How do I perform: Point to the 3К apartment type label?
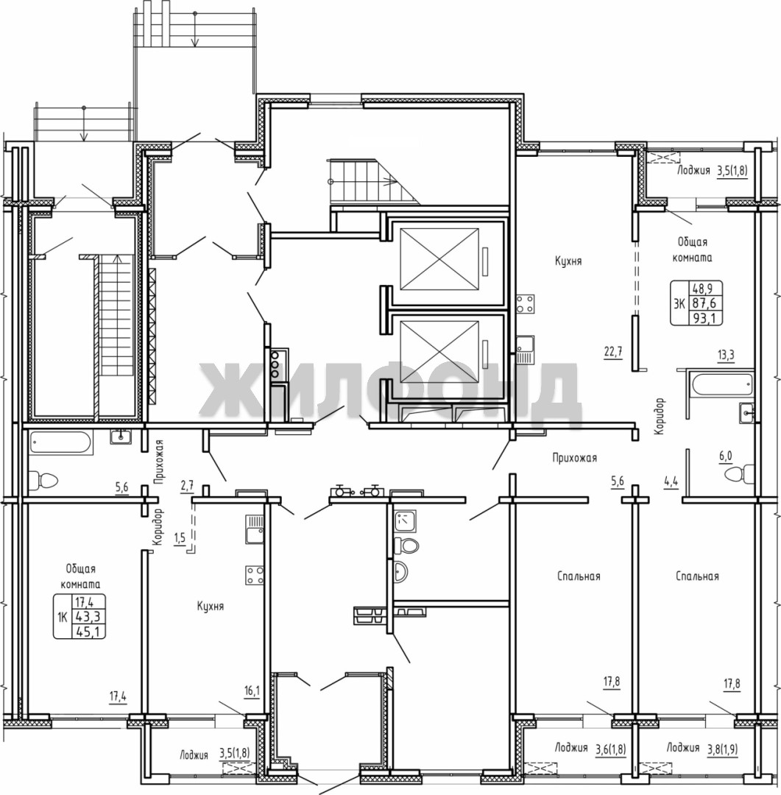[678, 304]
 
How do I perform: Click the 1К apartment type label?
[63, 617]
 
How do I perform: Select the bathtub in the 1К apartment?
[61, 442]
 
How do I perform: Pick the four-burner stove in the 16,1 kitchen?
[255, 574]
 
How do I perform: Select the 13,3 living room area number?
[725, 355]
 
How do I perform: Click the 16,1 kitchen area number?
[251, 690]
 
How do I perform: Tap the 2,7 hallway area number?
[187, 486]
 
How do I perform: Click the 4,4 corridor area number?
[671, 481]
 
